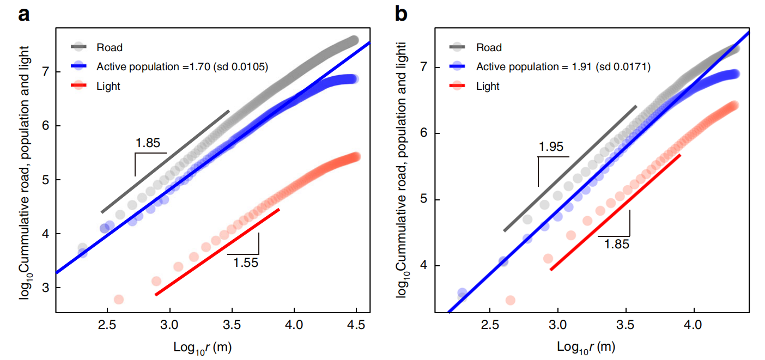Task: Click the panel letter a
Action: click(24, 15)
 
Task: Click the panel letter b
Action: click(401, 15)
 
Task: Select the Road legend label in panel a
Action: click(110, 48)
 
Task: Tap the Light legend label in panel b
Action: click(488, 86)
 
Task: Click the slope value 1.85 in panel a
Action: click(148, 144)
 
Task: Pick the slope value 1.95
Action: click(551, 147)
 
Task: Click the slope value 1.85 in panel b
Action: click(616, 244)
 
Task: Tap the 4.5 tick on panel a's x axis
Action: click(356, 325)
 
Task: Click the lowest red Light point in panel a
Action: click(119, 299)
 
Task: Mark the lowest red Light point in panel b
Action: click(511, 300)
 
